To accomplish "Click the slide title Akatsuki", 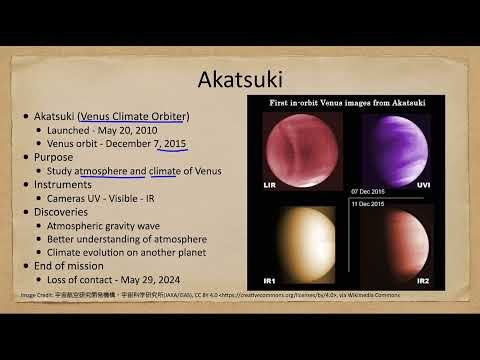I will [240, 77].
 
